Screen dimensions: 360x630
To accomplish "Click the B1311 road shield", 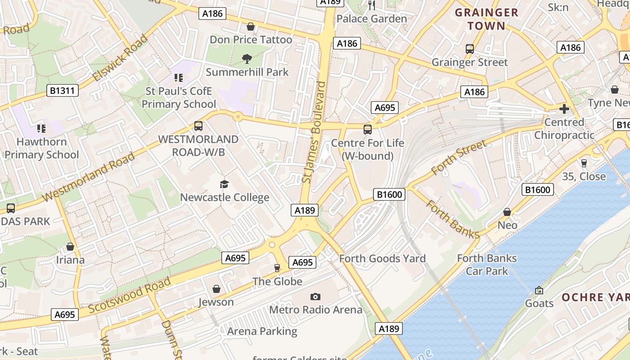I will point(63,91).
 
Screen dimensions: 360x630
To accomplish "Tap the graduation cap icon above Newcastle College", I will point(224,184).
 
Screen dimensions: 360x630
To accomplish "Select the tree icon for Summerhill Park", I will point(247,58).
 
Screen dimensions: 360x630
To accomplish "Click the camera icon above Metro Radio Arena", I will point(315,297).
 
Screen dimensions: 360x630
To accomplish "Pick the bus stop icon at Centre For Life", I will point(368,130).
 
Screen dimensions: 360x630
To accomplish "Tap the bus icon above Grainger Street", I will point(470,49).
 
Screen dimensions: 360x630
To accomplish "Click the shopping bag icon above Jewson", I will point(216,289).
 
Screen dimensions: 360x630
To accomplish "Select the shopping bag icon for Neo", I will point(507,212).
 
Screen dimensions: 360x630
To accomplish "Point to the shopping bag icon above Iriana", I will point(70,247).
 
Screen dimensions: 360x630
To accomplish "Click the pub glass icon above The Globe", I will point(277,268).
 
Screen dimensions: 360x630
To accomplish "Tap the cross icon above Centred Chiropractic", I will point(564,109).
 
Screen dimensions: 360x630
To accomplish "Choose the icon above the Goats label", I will point(539,290).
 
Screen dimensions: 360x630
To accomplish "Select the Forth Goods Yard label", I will point(382,259).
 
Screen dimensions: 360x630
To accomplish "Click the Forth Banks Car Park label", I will point(487,265).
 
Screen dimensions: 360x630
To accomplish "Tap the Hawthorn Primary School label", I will point(41,148).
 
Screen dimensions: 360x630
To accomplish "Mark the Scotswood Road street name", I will point(130,295).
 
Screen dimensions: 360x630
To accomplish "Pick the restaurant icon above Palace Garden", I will point(372,5).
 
